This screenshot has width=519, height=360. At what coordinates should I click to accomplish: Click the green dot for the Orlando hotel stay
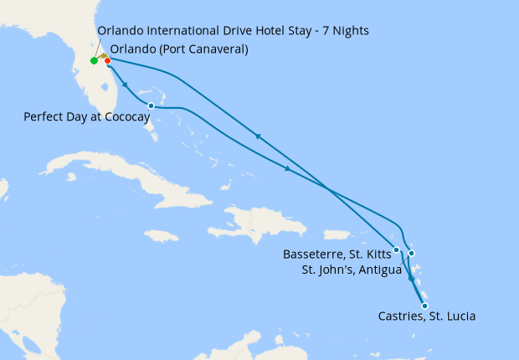point(94,60)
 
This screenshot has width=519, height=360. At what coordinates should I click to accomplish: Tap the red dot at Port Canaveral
point(108,60)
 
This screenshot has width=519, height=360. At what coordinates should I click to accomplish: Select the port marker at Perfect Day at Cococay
point(151,106)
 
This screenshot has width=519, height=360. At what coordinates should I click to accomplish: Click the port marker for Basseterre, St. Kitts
point(397,249)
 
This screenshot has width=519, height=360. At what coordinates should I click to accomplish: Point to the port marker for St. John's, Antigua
point(411,254)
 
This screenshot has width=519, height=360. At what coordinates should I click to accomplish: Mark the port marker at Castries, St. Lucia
point(424,306)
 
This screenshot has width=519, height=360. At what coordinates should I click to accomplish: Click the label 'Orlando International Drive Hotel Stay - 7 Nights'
point(233,31)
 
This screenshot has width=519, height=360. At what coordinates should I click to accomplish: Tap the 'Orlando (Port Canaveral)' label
point(179,49)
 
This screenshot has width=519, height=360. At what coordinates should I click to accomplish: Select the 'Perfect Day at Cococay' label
point(86,118)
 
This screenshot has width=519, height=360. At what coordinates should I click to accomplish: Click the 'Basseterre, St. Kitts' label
point(337,255)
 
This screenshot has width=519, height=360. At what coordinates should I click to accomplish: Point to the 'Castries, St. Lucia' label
point(427,316)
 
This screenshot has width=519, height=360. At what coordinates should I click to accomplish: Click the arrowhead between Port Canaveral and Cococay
point(126,85)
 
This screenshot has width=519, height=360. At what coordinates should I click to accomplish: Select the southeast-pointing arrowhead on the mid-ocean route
point(289,169)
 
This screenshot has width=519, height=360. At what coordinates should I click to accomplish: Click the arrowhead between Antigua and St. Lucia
point(411,279)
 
